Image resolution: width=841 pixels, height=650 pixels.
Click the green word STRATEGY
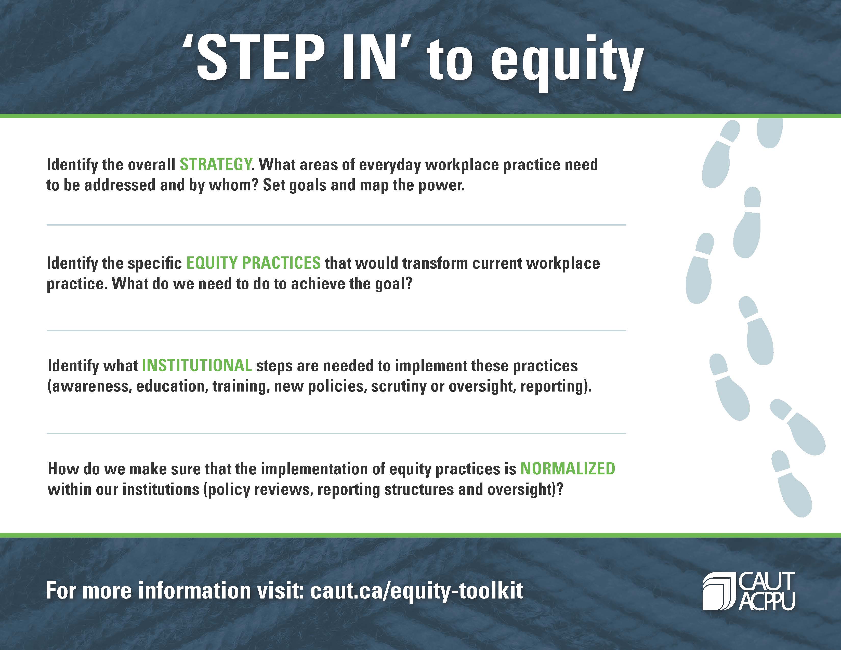pyautogui.click(x=216, y=165)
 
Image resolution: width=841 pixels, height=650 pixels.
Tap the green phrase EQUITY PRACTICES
pyautogui.click(x=253, y=263)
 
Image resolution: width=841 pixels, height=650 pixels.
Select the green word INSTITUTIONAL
pyautogui.click(x=197, y=366)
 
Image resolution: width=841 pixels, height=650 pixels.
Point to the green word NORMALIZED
pyautogui.click(x=568, y=469)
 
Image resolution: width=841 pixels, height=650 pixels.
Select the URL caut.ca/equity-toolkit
pyautogui.click(x=417, y=591)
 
